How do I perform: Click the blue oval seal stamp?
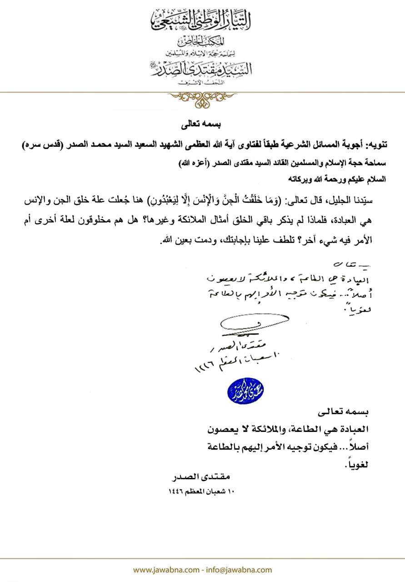point(246,390)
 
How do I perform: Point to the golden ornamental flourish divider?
point(201,98)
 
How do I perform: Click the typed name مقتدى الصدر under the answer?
point(201,478)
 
